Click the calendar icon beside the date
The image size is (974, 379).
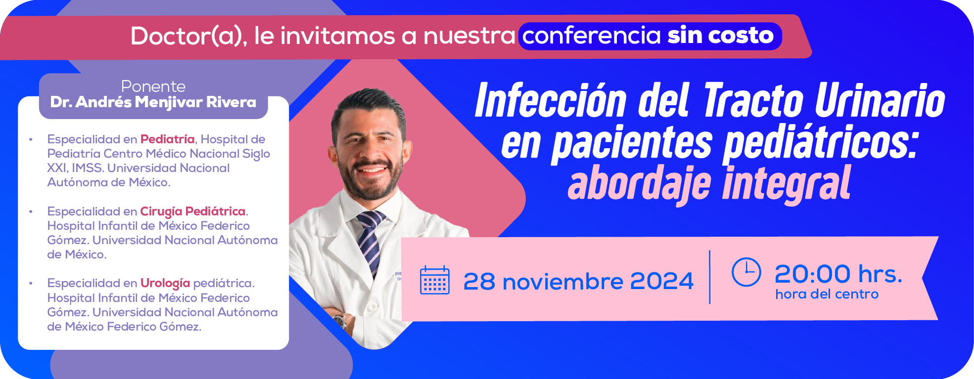[x=434, y=280]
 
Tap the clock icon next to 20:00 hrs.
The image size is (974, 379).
[x=746, y=272]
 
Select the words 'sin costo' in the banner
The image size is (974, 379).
[x=721, y=36]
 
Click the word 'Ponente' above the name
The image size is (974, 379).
[x=153, y=86]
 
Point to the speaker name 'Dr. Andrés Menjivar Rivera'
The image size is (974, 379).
[x=153, y=102]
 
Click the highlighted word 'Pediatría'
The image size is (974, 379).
[x=167, y=139]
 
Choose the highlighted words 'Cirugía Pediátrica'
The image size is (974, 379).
[x=193, y=211]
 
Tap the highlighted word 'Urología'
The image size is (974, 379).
[x=165, y=283]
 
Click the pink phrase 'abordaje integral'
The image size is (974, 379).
[x=709, y=183]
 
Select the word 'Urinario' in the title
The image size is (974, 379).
[x=880, y=101]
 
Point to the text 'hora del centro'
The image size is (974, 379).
[x=827, y=294]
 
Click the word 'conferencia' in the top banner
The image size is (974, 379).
[x=592, y=36]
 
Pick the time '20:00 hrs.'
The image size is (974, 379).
[x=838, y=274]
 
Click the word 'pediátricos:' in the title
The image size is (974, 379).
[x=821, y=144]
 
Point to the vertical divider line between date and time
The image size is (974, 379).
[x=710, y=277]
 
